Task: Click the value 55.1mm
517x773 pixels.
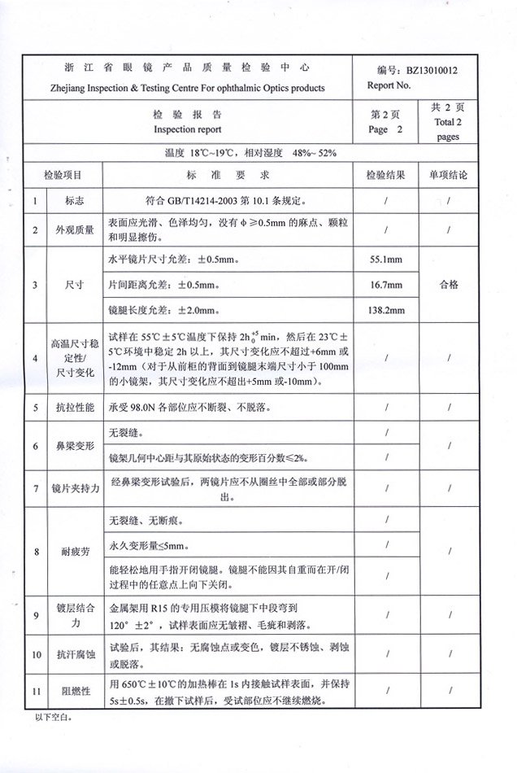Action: (386, 260)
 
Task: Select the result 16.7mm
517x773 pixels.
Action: (386, 285)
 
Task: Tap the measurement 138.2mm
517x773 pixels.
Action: (386, 310)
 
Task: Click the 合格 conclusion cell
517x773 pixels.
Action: (448, 285)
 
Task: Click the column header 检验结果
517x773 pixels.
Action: (386, 174)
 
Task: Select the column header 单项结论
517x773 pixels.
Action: (448, 174)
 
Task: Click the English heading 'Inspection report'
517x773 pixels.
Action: (188, 129)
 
